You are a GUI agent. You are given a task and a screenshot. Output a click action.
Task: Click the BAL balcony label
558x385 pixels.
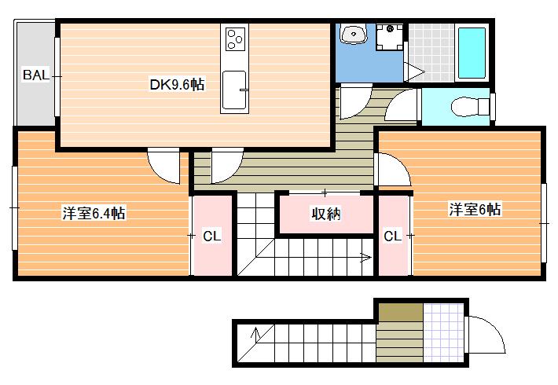pos(35,75)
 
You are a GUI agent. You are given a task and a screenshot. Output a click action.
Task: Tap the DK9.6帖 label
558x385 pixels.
pos(177,85)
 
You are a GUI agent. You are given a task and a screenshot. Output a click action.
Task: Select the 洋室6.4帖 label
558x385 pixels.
pos(94,213)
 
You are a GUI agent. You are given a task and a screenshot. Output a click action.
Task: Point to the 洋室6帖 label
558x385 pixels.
pos(475,209)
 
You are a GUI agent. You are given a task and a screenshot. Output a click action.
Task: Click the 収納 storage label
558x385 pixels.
pos(326,214)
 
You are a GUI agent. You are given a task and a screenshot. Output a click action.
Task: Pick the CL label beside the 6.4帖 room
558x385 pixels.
pos(212,236)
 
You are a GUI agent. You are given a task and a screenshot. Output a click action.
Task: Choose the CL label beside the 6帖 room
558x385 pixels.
pos(392,236)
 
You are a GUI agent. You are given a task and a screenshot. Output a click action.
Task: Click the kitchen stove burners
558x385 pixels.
pos(235,38)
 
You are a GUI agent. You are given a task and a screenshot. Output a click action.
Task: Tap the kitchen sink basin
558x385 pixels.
pos(234,90)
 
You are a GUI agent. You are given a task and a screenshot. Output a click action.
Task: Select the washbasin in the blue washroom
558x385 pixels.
pos(354,34)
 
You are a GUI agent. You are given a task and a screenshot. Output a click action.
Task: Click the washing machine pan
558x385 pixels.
pos(390,36)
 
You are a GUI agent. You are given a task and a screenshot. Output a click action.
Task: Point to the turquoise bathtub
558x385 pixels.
pos(472,53)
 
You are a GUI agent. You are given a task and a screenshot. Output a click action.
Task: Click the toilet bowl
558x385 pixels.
pos(471,106)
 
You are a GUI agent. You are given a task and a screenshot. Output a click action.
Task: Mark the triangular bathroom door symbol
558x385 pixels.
pos(415,72)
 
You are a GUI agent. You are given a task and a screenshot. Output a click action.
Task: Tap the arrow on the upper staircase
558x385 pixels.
pos(366,257)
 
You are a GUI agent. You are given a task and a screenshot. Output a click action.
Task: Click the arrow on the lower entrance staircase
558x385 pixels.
pos(255,333)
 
